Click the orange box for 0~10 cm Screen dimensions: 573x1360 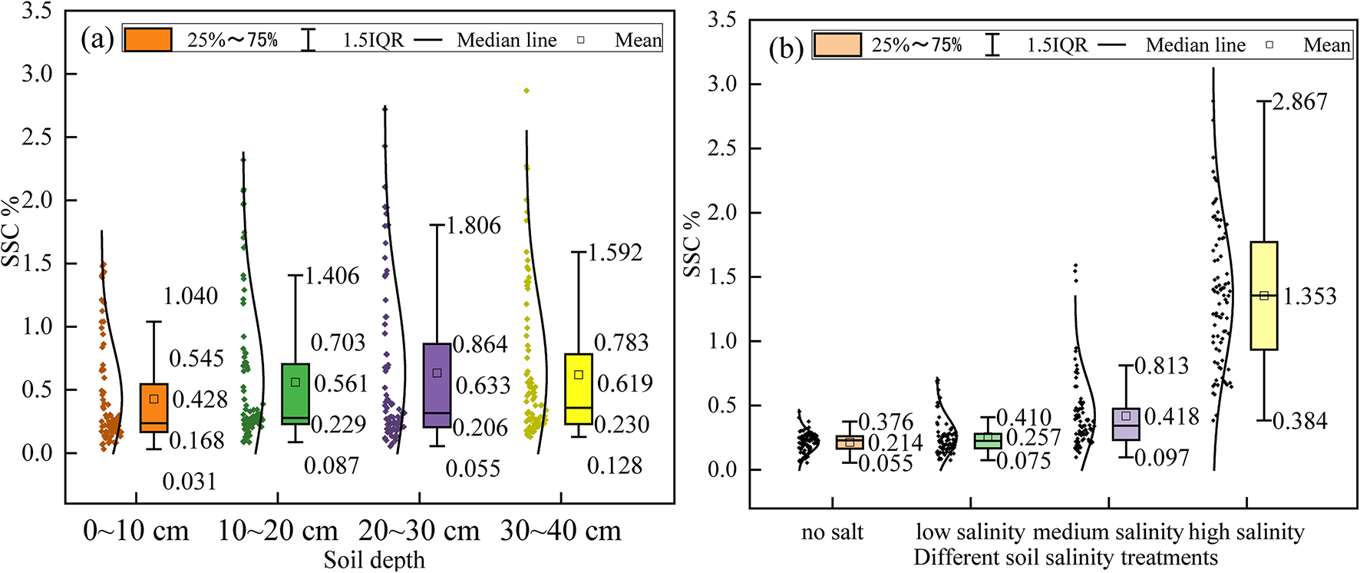(x=153, y=407)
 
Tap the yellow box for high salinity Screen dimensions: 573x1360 (x=1263, y=296)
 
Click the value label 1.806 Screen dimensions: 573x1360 (x=473, y=226)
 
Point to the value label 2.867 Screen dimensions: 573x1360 (x=1299, y=102)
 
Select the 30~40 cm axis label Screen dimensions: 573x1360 (x=560, y=531)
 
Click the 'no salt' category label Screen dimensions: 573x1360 (x=832, y=532)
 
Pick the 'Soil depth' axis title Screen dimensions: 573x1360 (x=374, y=560)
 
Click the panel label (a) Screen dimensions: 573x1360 (x=97, y=38)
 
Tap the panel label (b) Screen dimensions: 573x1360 (x=786, y=48)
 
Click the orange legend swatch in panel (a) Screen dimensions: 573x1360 (x=147, y=39)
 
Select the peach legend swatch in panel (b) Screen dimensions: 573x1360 (x=837, y=45)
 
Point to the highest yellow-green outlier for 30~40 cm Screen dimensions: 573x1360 (x=527, y=91)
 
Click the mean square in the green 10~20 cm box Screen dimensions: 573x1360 (x=295, y=382)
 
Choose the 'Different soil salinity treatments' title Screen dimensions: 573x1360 (x=1065, y=557)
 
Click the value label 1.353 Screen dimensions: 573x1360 (x=1309, y=296)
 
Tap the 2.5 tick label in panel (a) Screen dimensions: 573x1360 (x=38, y=137)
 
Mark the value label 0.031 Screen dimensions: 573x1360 (x=189, y=482)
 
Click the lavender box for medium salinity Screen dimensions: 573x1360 (x=1126, y=424)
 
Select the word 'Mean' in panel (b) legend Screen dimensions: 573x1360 (x=1326, y=45)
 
